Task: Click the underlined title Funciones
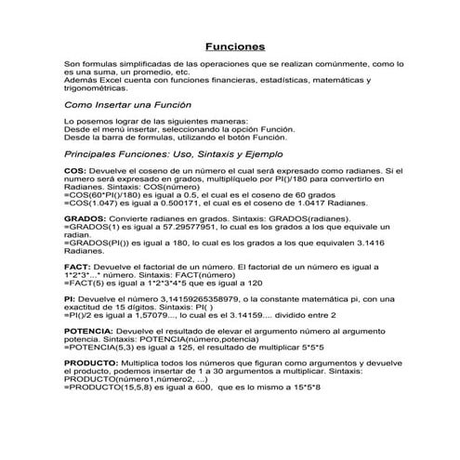click(x=235, y=46)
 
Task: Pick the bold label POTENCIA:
click(x=90, y=332)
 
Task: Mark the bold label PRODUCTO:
click(x=94, y=363)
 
